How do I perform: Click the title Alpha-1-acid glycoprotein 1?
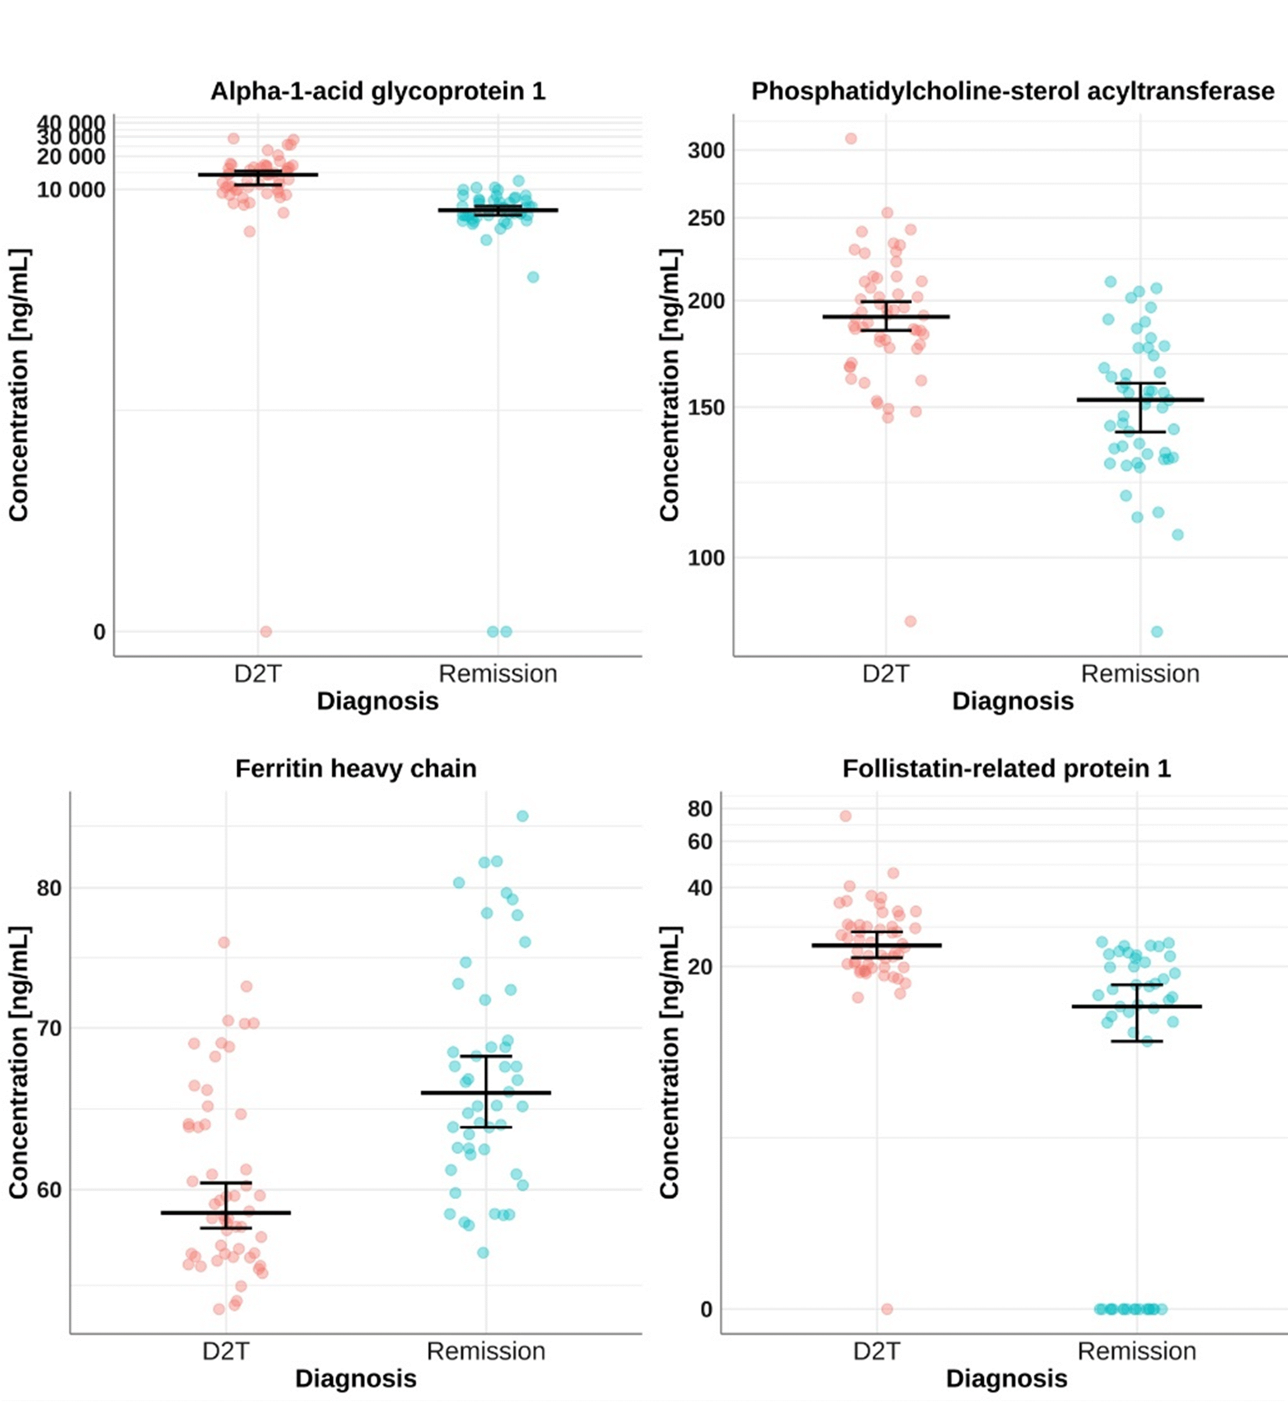click(x=378, y=92)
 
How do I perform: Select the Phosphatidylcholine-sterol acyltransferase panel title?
click(x=1013, y=92)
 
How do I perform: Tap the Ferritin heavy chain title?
click(x=356, y=769)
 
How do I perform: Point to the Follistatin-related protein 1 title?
click(x=1007, y=769)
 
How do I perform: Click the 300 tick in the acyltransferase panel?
click(x=706, y=151)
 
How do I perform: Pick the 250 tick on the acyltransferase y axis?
click(x=706, y=218)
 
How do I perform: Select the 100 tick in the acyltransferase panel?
click(x=706, y=558)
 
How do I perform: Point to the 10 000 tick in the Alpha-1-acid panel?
click(x=71, y=190)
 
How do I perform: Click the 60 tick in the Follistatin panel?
click(x=700, y=842)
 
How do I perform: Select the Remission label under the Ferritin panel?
click(x=486, y=1351)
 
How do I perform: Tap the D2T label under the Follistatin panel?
click(x=877, y=1351)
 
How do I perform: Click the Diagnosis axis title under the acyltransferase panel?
click(x=1013, y=701)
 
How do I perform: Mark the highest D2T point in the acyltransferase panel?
click(x=851, y=139)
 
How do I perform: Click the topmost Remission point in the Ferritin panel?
click(x=522, y=816)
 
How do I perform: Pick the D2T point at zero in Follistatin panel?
click(x=887, y=1309)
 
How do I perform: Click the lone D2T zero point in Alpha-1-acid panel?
click(x=265, y=631)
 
